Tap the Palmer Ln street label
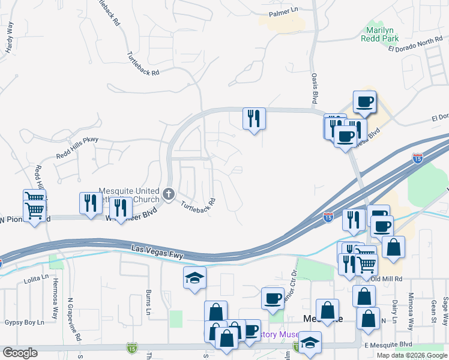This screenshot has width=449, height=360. coord(283,11)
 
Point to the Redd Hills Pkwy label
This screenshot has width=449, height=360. coord(77,148)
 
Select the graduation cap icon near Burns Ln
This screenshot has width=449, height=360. coord(194,277)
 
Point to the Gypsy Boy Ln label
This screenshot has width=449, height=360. coord(25,322)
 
